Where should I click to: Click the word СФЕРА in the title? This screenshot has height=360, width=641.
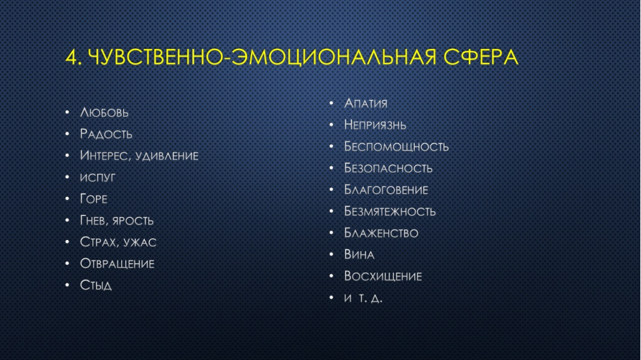point(481,57)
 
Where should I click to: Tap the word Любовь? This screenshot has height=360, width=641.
point(104,112)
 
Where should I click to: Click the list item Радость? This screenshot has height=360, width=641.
point(106,134)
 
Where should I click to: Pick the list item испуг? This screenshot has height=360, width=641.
point(98,178)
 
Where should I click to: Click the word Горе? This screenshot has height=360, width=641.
point(94,199)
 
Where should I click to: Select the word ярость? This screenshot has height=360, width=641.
point(133,220)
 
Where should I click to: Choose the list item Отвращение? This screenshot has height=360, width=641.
point(117,263)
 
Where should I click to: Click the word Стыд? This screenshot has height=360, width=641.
point(96,285)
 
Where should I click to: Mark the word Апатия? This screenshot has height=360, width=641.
point(366,104)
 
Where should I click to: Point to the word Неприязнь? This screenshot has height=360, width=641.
point(376,125)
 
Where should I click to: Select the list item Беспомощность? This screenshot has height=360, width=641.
point(396,147)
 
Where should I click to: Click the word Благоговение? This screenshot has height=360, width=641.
point(386,190)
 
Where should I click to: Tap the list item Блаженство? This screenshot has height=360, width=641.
point(381,233)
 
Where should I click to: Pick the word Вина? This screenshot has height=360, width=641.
point(359,254)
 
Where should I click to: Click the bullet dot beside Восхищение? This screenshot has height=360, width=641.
point(331,277)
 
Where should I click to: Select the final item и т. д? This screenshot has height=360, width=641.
point(363,298)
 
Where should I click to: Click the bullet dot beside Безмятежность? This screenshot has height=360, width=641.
point(331,211)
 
